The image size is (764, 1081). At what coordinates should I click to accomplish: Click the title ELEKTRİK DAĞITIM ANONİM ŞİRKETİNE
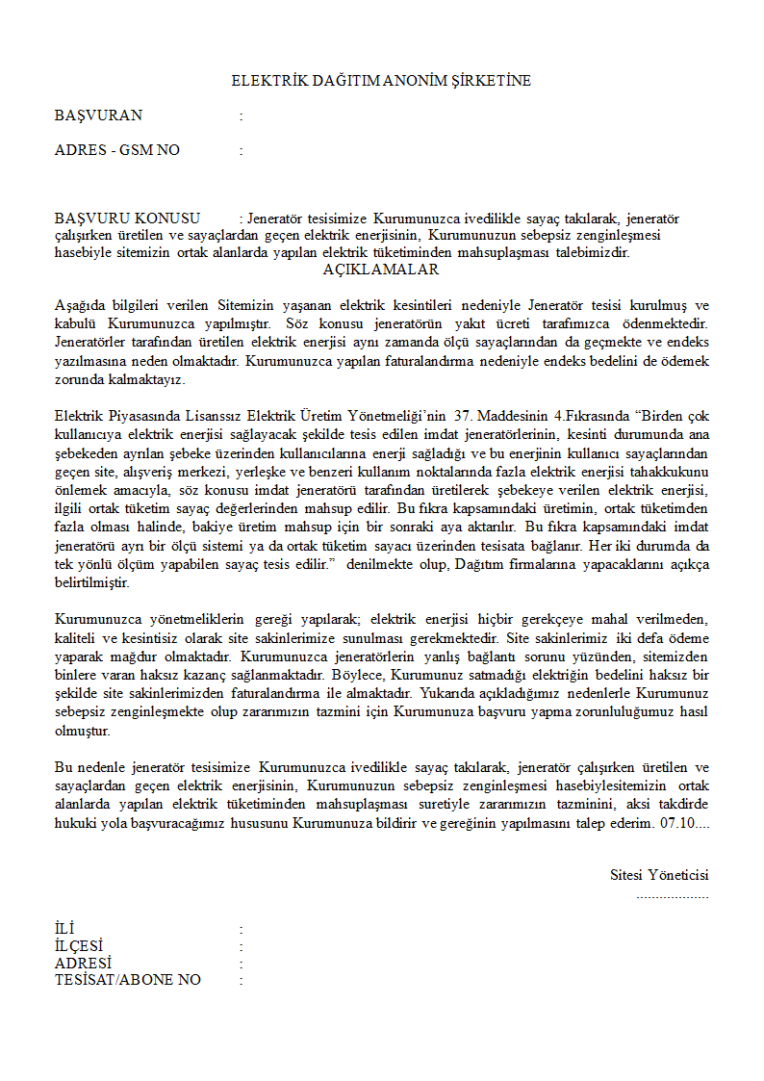click(x=381, y=81)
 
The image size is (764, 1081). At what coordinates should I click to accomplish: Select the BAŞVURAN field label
click(x=98, y=116)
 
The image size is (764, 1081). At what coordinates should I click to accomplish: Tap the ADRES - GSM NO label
click(x=116, y=150)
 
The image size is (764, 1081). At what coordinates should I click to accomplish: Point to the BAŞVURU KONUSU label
click(x=127, y=219)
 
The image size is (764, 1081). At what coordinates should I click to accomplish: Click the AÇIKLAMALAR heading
click(x=381, y=270)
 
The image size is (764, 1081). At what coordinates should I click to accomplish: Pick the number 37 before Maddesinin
click(x=464, y=416)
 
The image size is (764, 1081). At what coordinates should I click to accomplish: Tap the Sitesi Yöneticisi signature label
click(x=659, y=875)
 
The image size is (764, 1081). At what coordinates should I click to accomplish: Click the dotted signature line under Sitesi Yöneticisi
click(x=672, y=895)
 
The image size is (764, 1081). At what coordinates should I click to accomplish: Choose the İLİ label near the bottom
click(x=64, y=929)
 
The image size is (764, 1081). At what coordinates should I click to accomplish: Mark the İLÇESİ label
click(x=79, y=946)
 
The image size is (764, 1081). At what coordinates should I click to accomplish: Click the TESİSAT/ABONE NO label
click(x=128, y=980)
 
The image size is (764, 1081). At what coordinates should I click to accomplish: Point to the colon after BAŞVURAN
click(x=241, y=116)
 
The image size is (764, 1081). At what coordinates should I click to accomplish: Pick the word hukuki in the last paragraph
click(x=74, y=825)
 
